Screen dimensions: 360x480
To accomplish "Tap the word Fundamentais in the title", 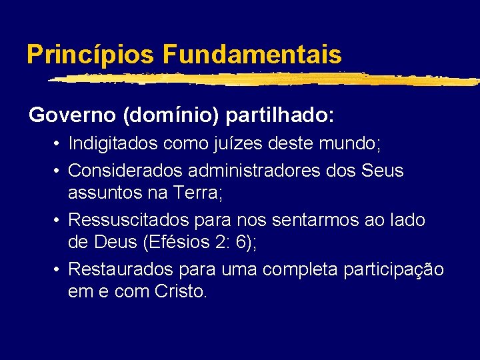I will click(251, 54).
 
